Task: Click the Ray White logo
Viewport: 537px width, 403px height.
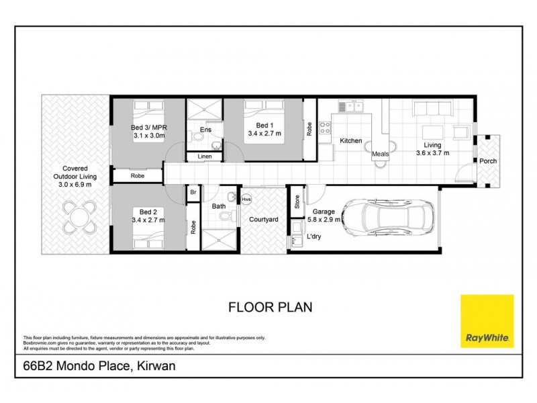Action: click(487, 321)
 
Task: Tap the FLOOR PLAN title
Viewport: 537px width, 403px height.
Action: click(271, 308)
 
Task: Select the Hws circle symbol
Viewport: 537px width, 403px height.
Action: click(246, 199)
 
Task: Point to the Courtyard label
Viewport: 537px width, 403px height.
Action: click(264, 220)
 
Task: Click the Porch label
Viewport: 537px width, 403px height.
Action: click(488, 161)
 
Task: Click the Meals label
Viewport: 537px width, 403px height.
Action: click(381, 154)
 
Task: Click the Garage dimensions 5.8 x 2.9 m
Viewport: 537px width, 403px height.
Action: click(324, 219)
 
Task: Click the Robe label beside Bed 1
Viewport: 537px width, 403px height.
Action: click(309, 129)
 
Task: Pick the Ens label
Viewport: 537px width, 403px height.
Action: click(206, 130)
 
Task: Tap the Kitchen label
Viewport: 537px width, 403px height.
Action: click(351, 141)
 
